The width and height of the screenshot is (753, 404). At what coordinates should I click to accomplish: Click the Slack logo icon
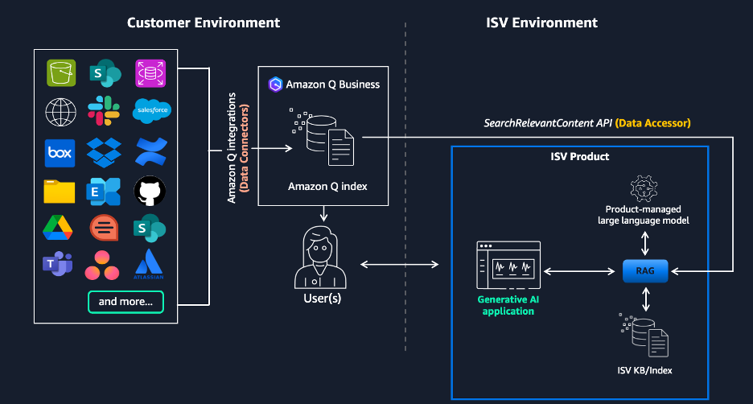[105, 111]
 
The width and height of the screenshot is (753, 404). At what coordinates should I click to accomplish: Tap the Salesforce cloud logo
[150, 111]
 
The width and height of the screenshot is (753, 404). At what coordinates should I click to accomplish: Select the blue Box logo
[60, 151]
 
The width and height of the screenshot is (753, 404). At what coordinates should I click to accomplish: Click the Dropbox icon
[105, 151]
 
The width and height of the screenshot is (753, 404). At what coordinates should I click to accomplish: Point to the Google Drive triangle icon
[60, 228]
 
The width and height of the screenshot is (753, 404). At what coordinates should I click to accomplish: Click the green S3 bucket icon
[60, 72]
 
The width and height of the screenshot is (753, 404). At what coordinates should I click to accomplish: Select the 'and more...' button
[126, 303]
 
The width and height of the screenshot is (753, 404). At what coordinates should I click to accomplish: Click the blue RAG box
[645, 272]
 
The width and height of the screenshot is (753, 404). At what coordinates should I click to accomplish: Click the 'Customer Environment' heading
[204, 23]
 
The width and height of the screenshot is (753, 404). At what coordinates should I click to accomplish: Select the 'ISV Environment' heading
[542, 23]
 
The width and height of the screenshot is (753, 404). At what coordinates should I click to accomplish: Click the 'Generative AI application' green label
[508, 305]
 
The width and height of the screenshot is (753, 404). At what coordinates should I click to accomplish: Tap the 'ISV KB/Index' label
[645, 370]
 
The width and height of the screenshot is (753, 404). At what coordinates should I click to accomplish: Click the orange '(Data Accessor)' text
[652, 123]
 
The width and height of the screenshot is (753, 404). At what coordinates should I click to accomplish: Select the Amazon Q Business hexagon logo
[275, 84]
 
